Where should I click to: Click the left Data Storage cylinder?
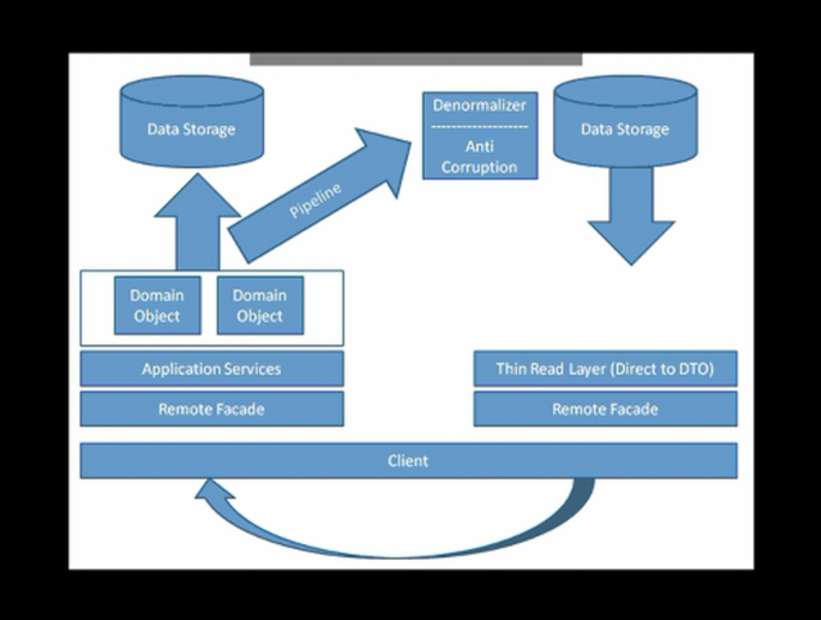pyautogui.click(x=192, y=122)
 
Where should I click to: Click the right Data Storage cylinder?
pyautogui.click(x=625, y=122)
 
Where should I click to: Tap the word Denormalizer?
pyautogui.click(x=480, y=105)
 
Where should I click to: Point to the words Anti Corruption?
pyautogui.click(x=480, y=157)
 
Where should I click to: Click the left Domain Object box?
pyautogui.click(x=158, y=305)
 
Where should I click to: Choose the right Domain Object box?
pyautogui.click(x=260, y=305)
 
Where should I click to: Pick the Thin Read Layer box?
pyautogui.click(x=605, y=369)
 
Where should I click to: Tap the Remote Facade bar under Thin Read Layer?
pyautogui.click(x=605, y=409)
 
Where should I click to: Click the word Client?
pyautogui.click(x=408, y=461)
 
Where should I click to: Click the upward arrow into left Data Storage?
pyautogui.click(x=198, y=222)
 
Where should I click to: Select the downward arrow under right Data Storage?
pyautogui.click(x=631, y=217)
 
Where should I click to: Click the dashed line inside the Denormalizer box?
pyautogui.click(x=480, y=127)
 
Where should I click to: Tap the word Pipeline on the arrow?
pyautogui.click(x=315, y=200)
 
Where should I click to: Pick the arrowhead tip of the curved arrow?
pyautogui.click(x=209, y=479)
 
